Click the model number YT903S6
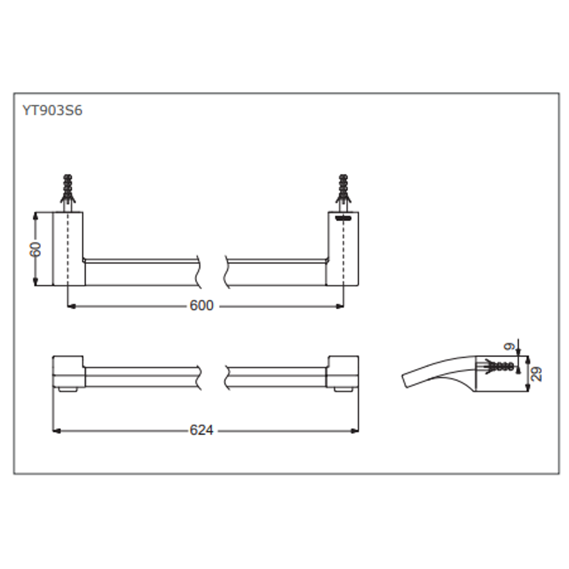coord(52,111)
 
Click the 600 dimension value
coord(201,306)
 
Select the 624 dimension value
coord(201,430)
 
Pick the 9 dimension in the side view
coord(509,347)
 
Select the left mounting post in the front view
coord(68,249)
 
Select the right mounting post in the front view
coord(342,249)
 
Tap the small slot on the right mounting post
coord(343,218)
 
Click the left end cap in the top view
coord(68,372)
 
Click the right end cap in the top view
coord(343,372)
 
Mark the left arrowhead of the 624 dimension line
coord(56,430)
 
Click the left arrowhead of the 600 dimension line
coord(72,306)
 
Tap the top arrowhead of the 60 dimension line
coord(36,215)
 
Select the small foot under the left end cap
coord(68,390)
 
